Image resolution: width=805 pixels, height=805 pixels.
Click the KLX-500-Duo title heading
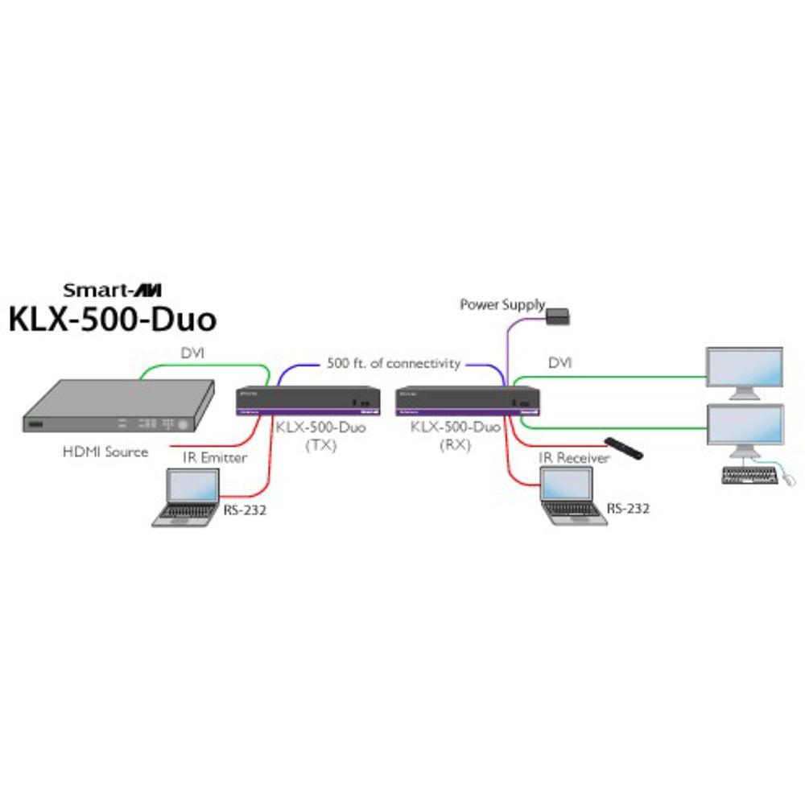(113, 319)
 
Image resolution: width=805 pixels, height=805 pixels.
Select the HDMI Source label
(105, 452)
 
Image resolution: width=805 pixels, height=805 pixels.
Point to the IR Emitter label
(215, 458)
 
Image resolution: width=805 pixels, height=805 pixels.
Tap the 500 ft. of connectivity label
(394, 363)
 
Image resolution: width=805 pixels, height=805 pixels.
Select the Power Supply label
(502, 304)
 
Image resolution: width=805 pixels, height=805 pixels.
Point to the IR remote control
(625, 448)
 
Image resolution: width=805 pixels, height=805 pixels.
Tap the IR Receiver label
(574, 458)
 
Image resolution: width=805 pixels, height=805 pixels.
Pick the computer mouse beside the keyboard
(790, 480)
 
